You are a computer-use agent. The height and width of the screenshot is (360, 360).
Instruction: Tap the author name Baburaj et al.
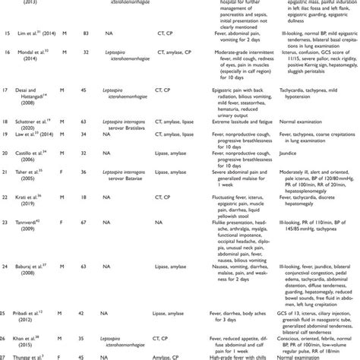pos(36,285)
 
